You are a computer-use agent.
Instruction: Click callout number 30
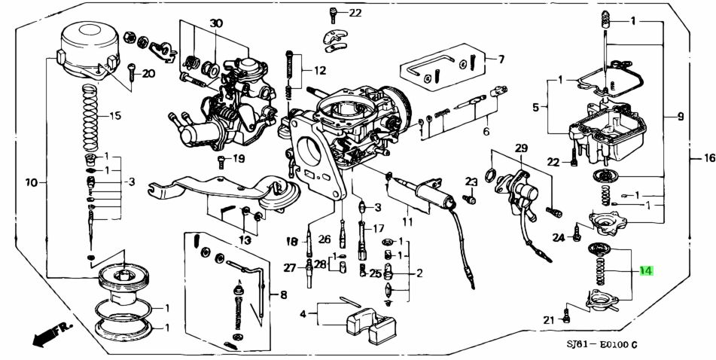(x=216, y=23)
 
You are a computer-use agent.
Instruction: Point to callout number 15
(x=114, y=116)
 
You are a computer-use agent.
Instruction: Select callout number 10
(x=31, y=182)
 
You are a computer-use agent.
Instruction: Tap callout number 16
(x=708, y=158)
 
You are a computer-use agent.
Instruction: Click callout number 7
(x=501, y=59)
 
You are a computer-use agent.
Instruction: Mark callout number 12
(x=320, y=71)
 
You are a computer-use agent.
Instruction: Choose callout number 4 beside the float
(x=303, y=313)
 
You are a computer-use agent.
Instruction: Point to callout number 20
(x=148, y=74)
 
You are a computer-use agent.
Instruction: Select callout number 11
(x=407, y=223)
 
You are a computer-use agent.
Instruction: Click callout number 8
(x=283, y=294)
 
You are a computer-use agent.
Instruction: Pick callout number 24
(x=558, y=238)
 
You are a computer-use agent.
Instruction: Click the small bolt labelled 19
(x=222, y=161)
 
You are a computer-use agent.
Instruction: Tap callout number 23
(x=471, y=182)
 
